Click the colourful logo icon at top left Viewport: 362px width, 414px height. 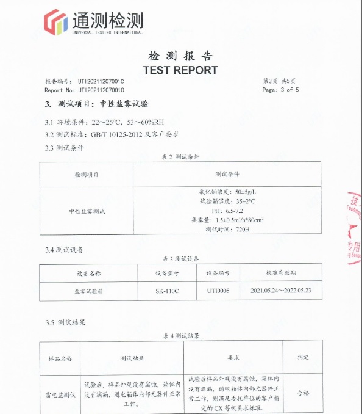[55, 23]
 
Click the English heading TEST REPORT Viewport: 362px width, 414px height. [180, 70]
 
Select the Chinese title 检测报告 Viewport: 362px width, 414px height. [180, 56]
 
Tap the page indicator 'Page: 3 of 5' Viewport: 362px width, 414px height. [280, 90]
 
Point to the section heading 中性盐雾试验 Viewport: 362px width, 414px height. [124, 104]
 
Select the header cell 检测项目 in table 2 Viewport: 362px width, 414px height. [86, 175]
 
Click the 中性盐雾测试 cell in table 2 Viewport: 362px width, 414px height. [87, 211]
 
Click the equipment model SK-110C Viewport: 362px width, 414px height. [167, 291]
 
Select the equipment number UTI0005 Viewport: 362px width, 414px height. [218, 291]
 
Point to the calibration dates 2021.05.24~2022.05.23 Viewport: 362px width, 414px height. [285, 291]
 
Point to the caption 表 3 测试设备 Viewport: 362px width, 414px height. [181, 259]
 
